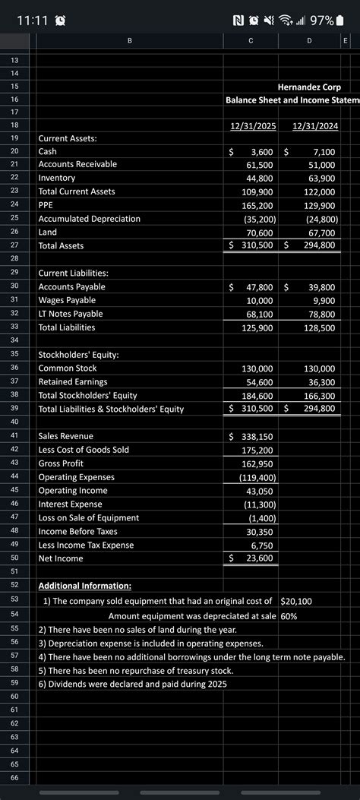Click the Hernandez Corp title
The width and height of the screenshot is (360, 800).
coord(309,87)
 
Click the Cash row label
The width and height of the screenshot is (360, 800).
coord(48,152)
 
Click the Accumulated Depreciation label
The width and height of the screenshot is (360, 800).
coord(89,219)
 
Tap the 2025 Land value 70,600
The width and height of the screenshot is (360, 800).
coord(260,232)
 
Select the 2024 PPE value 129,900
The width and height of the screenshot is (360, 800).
coord(320,205)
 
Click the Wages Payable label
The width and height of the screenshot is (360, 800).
coord(67,300)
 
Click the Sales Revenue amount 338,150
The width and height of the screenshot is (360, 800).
coord(257,436)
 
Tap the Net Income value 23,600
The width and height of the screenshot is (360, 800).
coord(260,558)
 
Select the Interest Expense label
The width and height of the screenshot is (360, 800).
coord(70,504)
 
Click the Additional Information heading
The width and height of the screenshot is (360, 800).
coord(84,586)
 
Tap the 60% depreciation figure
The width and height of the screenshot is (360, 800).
coord(289,616)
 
